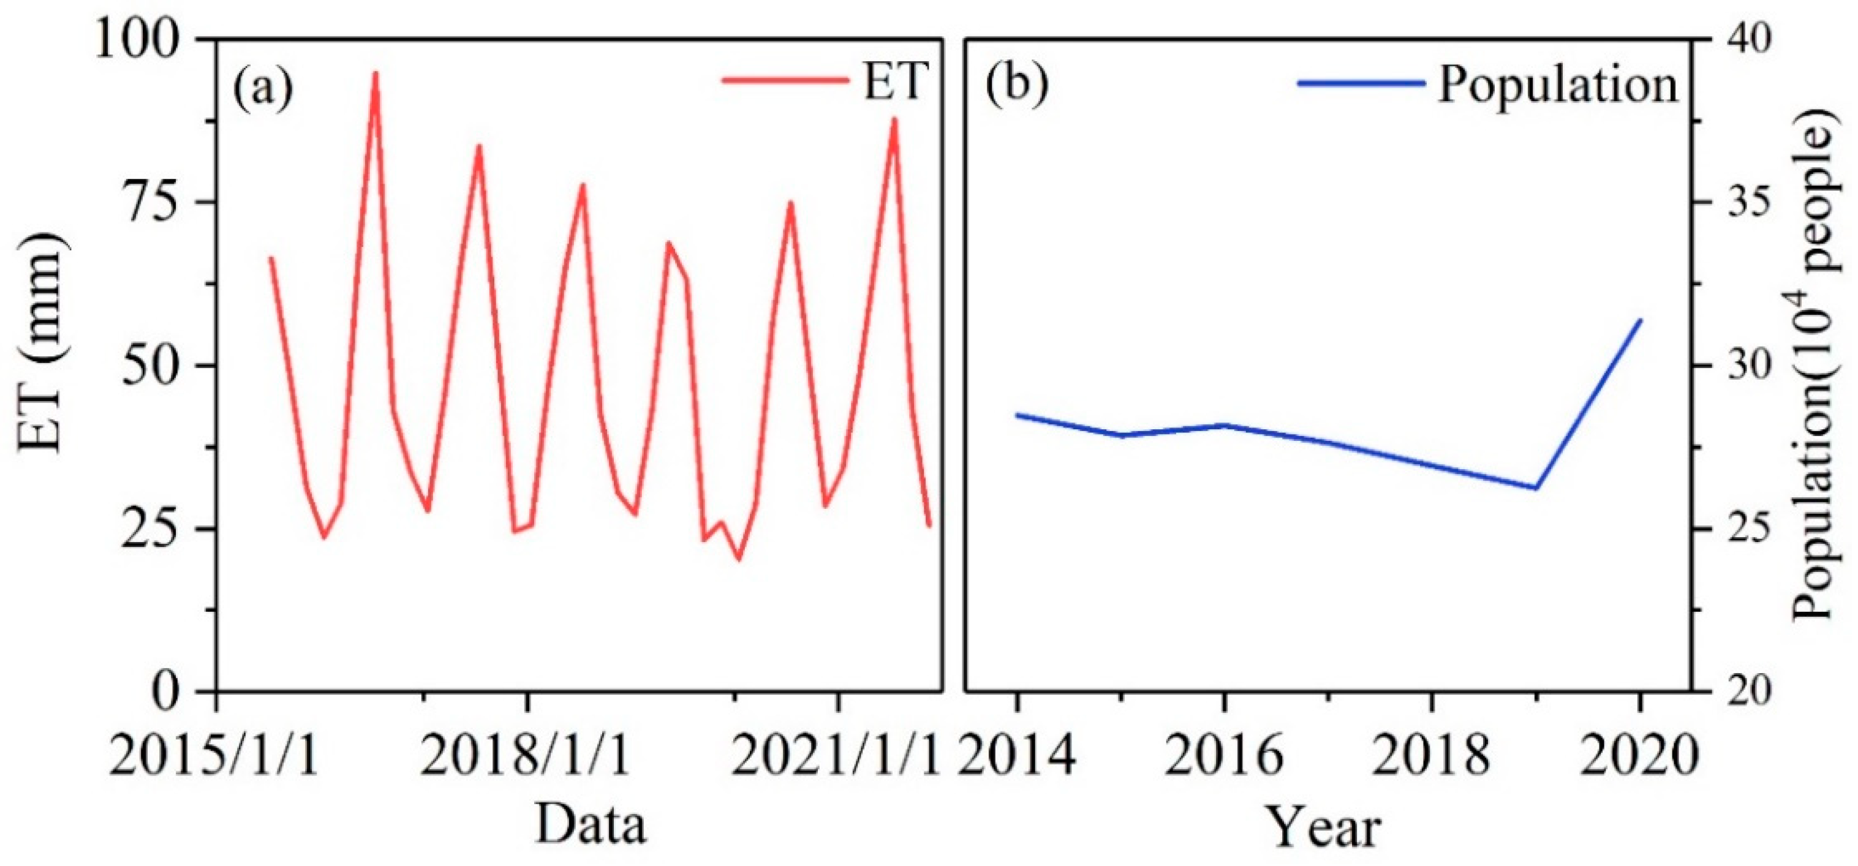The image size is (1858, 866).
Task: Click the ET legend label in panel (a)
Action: coord(894,81)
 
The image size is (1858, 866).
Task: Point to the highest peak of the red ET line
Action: coord(375,73)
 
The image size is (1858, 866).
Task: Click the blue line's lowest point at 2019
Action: coord(1536,488)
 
